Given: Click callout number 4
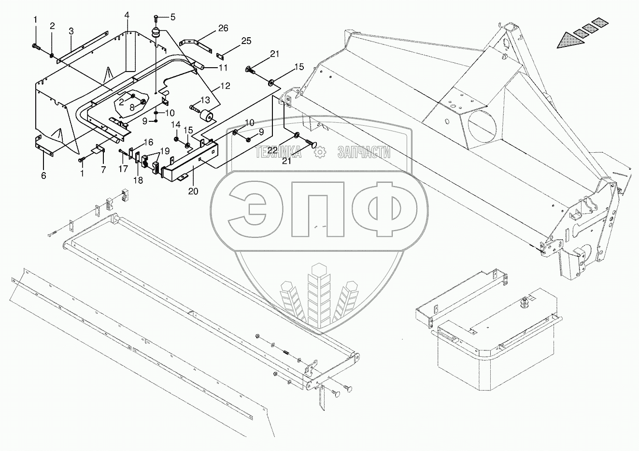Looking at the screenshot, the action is click(127, 15).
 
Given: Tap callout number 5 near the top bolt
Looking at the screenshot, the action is click(172, 16).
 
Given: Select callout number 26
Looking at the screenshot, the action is click(223, 28).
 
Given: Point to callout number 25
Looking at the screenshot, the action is click(246, 41).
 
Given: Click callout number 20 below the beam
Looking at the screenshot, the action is click(193, 191).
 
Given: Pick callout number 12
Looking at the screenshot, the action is click(225, 86).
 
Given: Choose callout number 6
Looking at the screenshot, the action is click(43, 176).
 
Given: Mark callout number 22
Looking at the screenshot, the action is click(272, 150).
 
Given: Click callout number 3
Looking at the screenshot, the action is click(71, 31).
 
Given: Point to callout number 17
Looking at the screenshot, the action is click(124, 169).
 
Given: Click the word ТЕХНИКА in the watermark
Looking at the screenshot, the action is click(278, 153).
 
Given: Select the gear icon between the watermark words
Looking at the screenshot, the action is click(319, 153).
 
